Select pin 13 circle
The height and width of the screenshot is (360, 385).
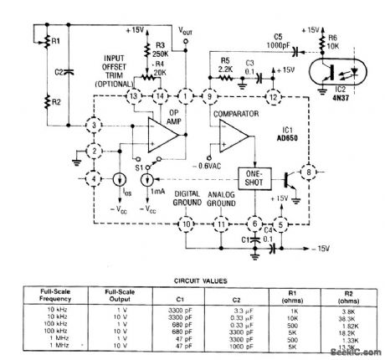pos(132,97)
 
